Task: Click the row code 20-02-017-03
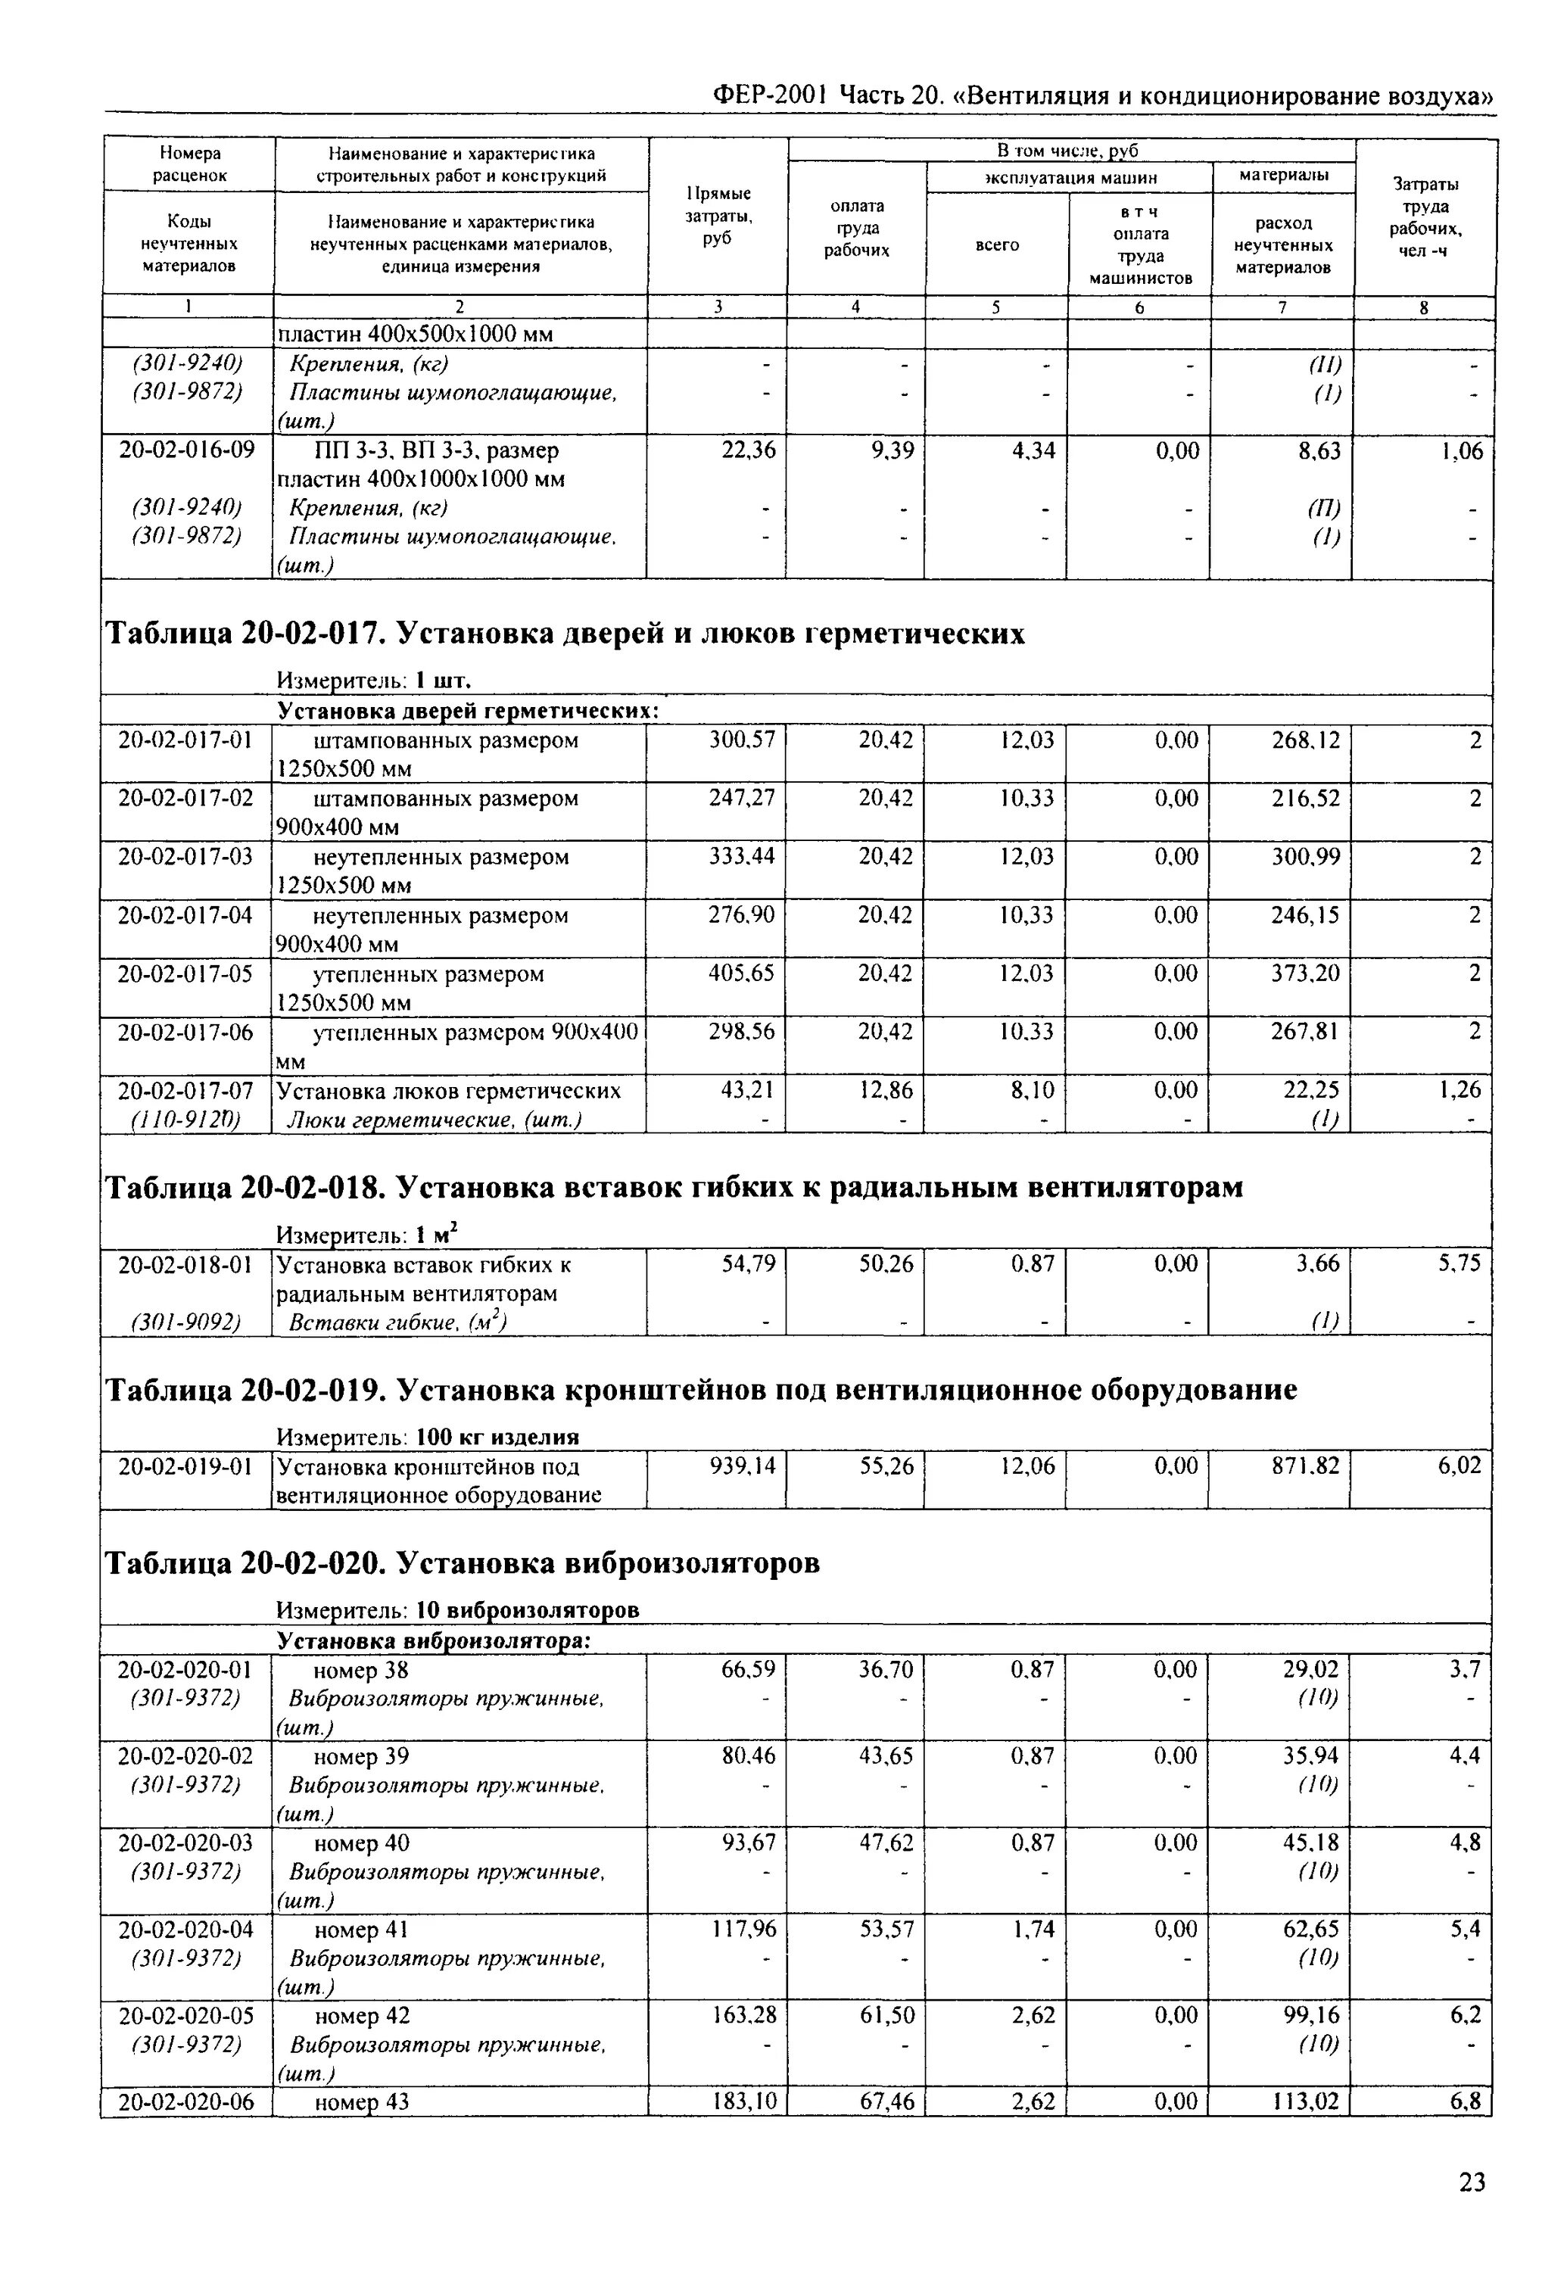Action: [x=185, y=857]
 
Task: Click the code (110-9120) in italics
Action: [x=185, y=1120]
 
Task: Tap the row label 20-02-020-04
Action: [x=185, y=1930]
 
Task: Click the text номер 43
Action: [x=360, y=2102]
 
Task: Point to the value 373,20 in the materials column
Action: [x=1305, y=974]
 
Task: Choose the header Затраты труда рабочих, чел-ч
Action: [x=1425, y=217]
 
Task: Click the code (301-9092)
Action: [x=185, y=1322]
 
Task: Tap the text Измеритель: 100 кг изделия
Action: [x=427, y=1438]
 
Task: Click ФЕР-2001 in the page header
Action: [x=770, y=96]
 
